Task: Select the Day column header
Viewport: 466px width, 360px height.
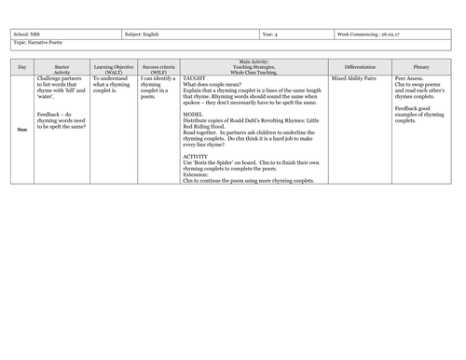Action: point(22,68)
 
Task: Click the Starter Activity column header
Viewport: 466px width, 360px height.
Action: point(62,68)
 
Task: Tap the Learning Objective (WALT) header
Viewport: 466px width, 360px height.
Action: point(112,68)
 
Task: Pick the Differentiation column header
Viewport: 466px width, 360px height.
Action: point(360,68)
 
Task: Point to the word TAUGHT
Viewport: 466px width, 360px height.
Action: point(193,79)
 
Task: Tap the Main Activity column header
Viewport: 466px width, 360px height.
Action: point(254,68)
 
